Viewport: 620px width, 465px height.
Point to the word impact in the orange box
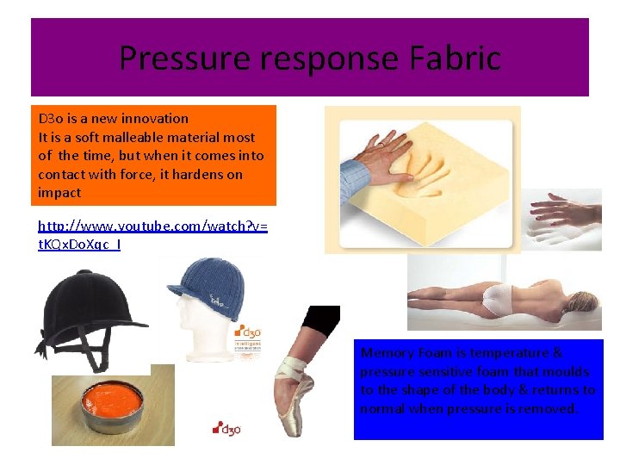pos(59,193)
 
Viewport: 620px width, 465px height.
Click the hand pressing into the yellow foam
pos(379,160)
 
